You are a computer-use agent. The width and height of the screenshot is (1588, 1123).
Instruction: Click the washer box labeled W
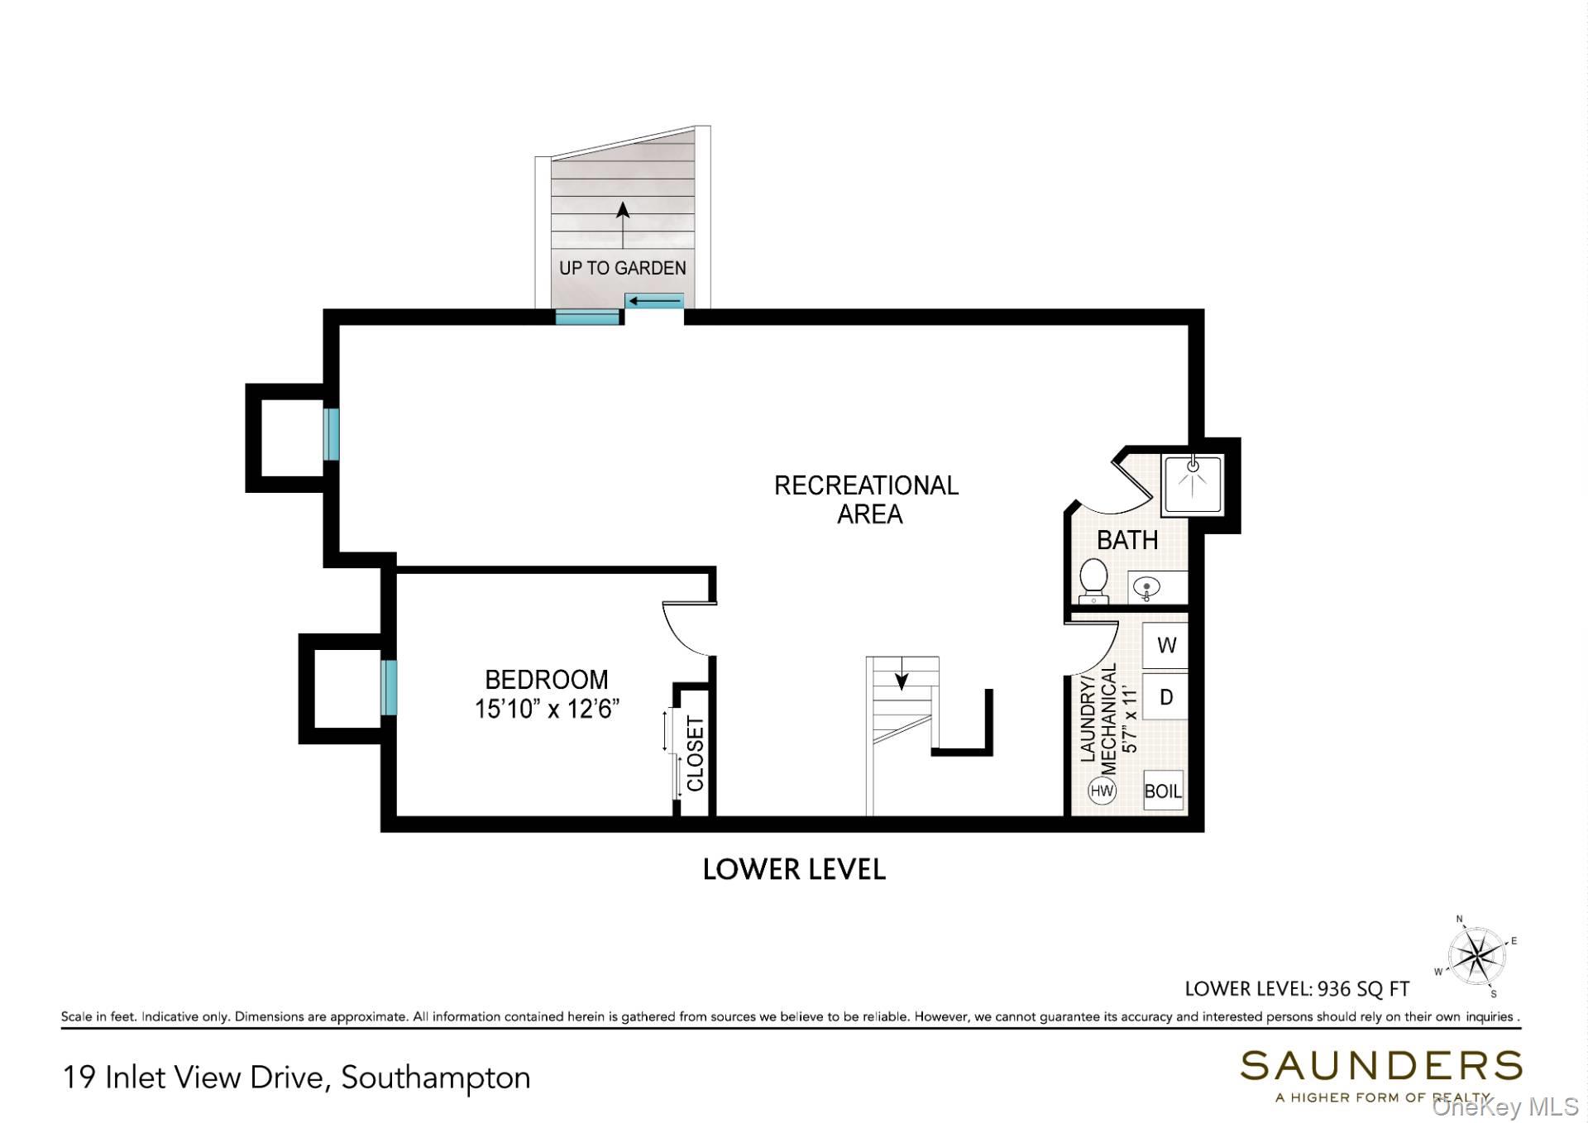(1165, 645)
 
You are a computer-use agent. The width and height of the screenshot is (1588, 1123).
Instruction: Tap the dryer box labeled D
(1165, 696)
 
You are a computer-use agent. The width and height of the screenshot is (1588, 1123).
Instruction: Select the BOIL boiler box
(1163, 791)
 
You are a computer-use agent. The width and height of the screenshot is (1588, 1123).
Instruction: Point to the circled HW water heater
(1102, 791)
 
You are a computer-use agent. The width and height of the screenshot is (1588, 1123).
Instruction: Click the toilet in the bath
(1093, 581)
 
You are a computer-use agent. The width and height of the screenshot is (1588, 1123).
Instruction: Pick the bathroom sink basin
(1146, 588)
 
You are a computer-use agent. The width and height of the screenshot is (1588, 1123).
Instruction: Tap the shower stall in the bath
(1192, 485)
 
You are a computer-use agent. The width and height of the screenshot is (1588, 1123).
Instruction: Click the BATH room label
(1126, 540)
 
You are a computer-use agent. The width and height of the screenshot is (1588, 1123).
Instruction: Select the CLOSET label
(695, 754)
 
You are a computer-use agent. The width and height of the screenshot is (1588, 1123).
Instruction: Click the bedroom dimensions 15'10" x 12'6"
(547, 710)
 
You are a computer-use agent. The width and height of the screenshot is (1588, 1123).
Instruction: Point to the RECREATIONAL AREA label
(867, 499)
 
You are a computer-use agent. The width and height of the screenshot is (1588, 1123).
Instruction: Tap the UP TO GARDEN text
(623, 268)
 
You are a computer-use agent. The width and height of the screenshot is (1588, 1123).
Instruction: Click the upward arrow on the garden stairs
(623, 224)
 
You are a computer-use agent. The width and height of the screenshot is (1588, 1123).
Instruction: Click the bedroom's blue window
(389, 686)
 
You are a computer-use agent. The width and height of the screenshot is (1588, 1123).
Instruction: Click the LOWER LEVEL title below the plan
(794, 869)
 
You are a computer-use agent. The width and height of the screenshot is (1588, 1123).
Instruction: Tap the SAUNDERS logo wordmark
(1380, 1066)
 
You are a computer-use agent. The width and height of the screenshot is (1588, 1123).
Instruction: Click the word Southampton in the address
(436, 1078)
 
